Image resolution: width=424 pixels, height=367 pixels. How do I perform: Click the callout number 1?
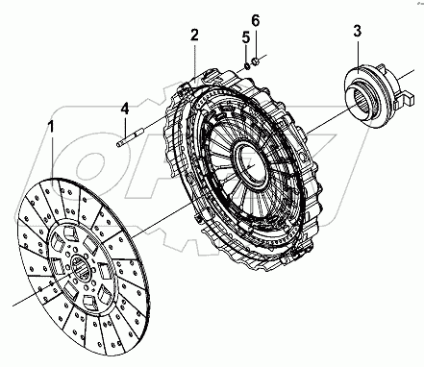(x=51, y=127)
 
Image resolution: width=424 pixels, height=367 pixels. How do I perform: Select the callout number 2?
(x=194, y=36)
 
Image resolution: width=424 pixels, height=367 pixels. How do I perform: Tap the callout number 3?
(x=358, y=31)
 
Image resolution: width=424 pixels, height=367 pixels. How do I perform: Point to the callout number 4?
(x=125, y=109)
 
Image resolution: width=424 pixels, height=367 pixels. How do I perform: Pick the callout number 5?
(x=246, y=37)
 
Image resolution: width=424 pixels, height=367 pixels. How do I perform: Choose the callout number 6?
(x=256, y=20)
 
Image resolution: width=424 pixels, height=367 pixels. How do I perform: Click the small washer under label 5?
(x=247, y=66)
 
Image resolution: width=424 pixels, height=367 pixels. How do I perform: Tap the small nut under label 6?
(x=256, y=61)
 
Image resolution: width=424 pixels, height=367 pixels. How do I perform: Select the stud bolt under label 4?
(x=130, y=138)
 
